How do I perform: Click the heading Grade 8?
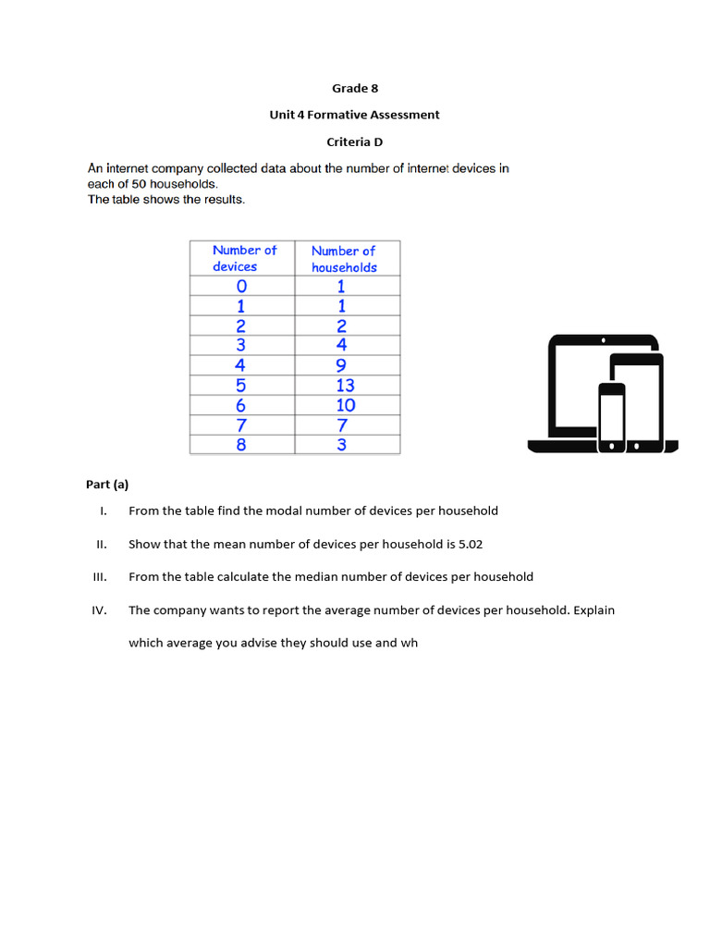[355, 89]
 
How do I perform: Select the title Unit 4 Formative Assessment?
[355, 115]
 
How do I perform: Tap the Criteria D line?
[355, 141]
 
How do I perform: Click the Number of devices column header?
[242, 258]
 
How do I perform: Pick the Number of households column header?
[344, 258]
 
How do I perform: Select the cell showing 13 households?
[345, 385]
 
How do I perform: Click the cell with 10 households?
[345, 405]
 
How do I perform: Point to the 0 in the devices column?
[241, 286]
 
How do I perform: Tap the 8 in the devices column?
[241, 445]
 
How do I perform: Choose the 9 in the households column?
[341, 365]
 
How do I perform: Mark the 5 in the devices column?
[241, 385]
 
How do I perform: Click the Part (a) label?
[107, 485]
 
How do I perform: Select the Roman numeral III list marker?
[101, 577]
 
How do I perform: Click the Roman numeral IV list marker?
[101, 610]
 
